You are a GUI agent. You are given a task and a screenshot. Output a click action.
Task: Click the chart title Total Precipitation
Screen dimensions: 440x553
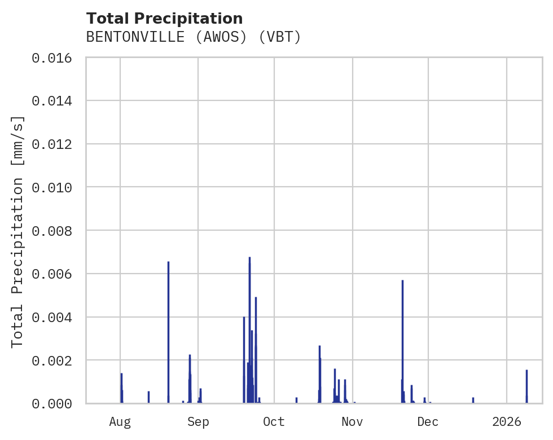coord(164,19)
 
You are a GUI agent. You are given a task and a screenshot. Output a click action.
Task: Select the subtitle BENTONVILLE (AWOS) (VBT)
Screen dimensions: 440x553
coord(194,37)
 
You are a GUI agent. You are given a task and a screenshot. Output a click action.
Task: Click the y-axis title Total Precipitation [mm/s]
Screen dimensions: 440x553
coord(17,231)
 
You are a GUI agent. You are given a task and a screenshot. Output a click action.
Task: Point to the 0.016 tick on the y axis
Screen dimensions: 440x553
coord(55,58)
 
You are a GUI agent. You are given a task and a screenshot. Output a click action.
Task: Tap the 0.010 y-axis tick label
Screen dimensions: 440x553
coord(55,187)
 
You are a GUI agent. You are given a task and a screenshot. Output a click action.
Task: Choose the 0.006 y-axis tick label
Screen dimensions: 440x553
coord(55,274)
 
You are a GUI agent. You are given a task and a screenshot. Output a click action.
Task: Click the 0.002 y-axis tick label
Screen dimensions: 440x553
coord(55,360)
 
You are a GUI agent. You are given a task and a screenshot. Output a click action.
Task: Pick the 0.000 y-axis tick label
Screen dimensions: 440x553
coord(55,404)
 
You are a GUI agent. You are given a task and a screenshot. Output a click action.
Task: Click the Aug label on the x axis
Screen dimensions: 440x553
coord(120,422)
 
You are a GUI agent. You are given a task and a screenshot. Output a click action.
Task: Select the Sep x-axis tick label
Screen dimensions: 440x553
coord(198,422)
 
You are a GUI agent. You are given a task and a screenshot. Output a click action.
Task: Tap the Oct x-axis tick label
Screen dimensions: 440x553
coord(274,422)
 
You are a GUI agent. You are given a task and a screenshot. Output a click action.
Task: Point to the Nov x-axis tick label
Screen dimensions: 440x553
coord(352,422)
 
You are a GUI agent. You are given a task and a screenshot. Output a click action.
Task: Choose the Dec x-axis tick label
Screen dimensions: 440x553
coord(428,422)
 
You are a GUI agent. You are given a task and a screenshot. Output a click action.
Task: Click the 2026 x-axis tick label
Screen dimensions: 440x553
coord(507,422)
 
